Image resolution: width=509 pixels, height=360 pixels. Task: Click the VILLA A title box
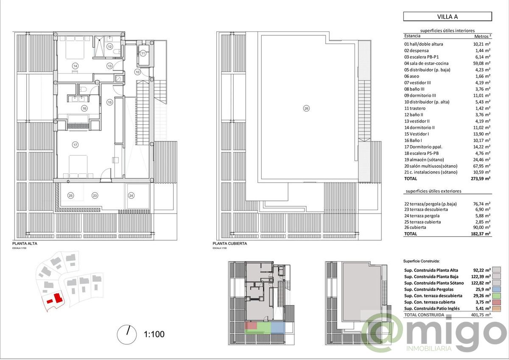click(447, 17)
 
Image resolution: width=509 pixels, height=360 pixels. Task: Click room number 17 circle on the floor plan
click(75, 145)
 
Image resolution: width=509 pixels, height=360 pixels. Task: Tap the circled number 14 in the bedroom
click(75, 66)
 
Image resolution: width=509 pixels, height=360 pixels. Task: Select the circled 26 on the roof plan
click(307, 108)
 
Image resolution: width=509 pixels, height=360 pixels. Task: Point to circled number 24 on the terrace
click(131, 196)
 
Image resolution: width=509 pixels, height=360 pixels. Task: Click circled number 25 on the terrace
click(71, 195)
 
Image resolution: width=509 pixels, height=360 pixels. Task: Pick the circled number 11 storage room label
click(143, 53)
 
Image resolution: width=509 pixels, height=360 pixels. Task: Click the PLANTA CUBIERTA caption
click(229, 244)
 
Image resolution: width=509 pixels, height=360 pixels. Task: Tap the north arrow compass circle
click(126, 334)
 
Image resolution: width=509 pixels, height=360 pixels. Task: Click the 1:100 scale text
click(154, 334)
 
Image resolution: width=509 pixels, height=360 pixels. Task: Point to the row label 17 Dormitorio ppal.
click(425, 146)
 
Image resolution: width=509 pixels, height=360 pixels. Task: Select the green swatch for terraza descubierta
click(497, 295)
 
